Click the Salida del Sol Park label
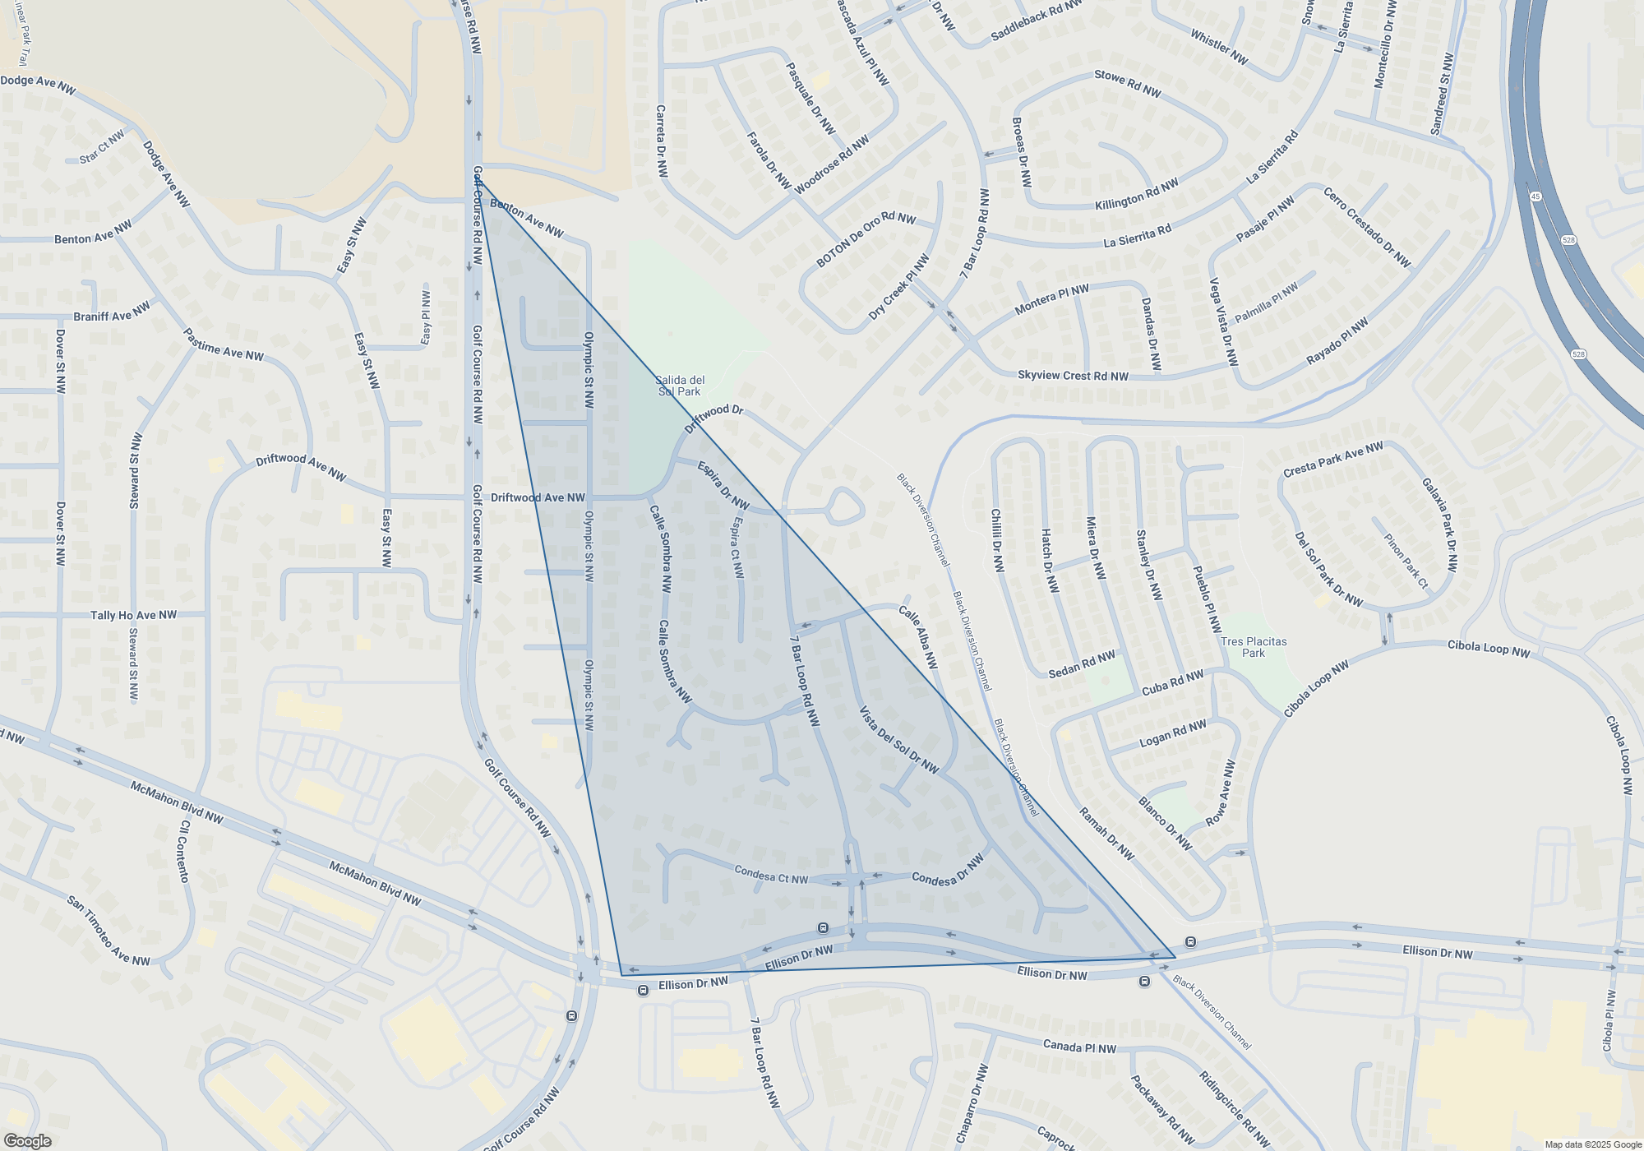680,386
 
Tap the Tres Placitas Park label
1254,647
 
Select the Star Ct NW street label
102,147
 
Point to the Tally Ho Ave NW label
133,615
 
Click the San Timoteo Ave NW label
109,931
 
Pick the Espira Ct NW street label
737,547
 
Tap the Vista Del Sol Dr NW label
898,740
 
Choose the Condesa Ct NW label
771,875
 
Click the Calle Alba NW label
918,637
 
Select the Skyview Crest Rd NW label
1073,376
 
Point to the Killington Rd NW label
1136,194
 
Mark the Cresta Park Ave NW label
1332,460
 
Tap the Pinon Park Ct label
1406,561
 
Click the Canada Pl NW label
1079,1047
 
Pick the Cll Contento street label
183,851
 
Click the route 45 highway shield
1535,196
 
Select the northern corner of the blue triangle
476,178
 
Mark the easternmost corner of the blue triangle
1175,957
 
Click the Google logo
27,1141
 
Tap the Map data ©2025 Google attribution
1592,1144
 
